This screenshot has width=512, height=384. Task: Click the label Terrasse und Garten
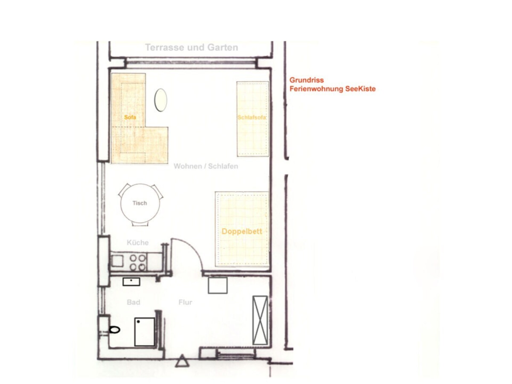191,47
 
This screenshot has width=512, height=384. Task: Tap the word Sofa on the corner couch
130,117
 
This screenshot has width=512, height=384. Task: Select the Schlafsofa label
252,117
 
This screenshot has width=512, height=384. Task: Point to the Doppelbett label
242,231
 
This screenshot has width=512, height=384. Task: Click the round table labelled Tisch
140,203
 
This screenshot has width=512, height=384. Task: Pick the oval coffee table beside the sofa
161,100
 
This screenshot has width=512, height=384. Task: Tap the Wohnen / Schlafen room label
206,166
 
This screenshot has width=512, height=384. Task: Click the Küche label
138,243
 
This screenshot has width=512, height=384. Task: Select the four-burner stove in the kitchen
138,263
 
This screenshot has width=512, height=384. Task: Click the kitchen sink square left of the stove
117,261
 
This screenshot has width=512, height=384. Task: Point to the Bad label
133,302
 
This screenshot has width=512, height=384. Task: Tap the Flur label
185,302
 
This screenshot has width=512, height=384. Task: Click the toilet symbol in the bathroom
115,330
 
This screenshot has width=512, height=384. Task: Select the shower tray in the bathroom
145,332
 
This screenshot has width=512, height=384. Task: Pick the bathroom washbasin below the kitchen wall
131,282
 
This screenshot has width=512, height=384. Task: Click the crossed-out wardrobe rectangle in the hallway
260,320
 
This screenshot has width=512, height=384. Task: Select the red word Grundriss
307,80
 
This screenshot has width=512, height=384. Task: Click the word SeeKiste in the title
360,89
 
